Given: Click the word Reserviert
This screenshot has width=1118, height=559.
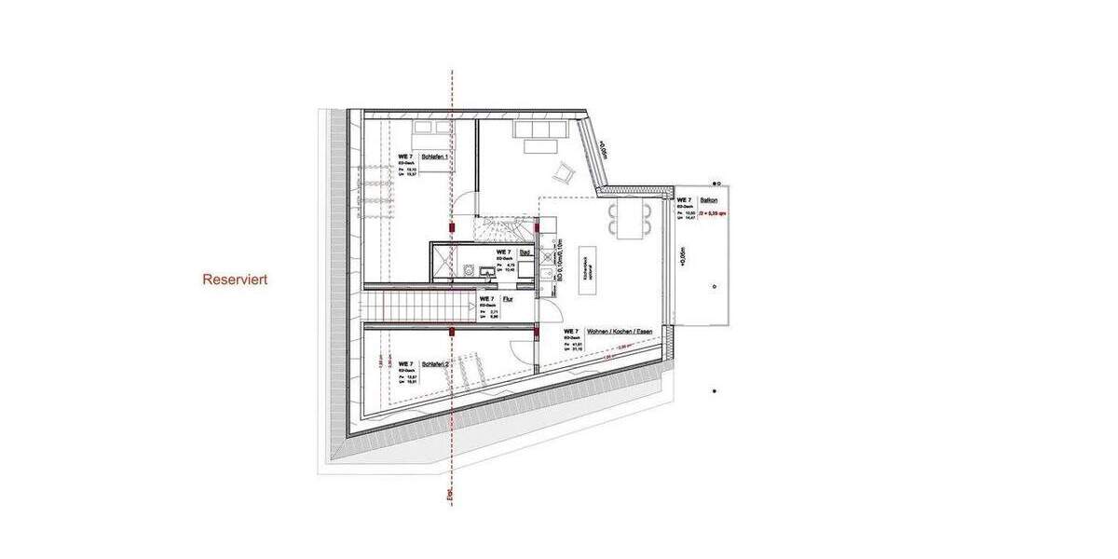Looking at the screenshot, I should tap(236, 279).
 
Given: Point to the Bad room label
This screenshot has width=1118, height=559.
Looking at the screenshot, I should tap(525, 252).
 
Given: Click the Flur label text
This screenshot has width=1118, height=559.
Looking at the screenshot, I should tap(508, 299).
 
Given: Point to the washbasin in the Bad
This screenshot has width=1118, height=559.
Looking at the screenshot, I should tap(486, 272).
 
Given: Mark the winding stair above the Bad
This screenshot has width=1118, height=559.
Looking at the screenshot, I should tap(506, 227).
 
